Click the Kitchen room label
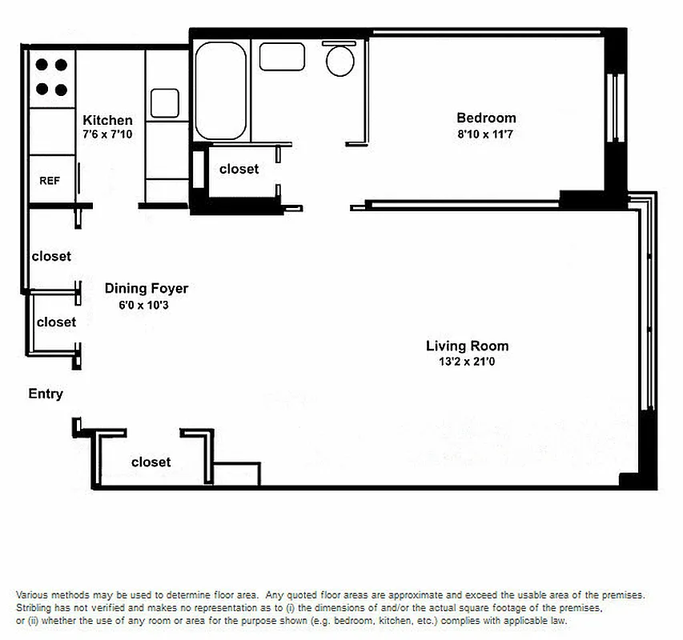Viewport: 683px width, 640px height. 107,121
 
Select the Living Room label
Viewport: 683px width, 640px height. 467,346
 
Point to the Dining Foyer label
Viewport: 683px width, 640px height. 147,289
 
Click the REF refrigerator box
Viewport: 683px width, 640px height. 50,181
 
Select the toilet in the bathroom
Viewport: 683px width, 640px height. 342,60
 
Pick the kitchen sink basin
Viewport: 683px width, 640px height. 165,103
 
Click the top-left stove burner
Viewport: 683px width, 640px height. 40,66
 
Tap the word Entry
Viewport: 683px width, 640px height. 46,394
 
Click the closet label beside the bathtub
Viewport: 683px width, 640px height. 239,170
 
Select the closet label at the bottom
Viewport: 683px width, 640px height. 151,462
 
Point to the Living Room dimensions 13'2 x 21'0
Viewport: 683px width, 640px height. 467,362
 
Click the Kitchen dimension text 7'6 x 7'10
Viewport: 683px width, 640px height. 107,134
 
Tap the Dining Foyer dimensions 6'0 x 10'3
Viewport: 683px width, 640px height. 147,306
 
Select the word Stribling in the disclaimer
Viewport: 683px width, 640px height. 35,608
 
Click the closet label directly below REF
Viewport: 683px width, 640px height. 51,257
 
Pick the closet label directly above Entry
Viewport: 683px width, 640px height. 56,322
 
